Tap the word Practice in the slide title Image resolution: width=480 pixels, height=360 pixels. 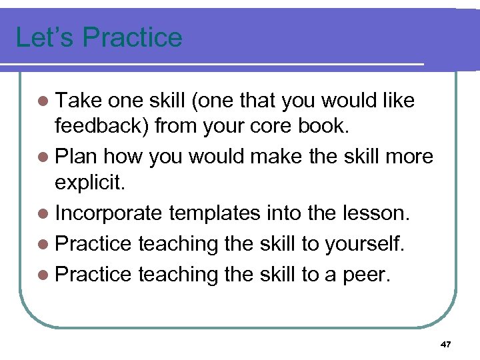pyautogui.click(x=129, y=37)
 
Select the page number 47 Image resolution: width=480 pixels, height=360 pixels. pyautogui.click(x=446, y=344)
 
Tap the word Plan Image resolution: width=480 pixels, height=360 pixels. pyautogui.click(x=75, y=157)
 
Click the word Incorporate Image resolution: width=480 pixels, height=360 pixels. pyautogui.click(x=109, y=213)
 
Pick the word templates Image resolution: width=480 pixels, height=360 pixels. pyautogui.click(x=216, y=213)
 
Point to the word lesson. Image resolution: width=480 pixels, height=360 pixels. pyautogui.click(x=379, y=213)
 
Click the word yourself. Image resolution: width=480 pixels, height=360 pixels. pyautogui.click(x=363, y=243)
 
